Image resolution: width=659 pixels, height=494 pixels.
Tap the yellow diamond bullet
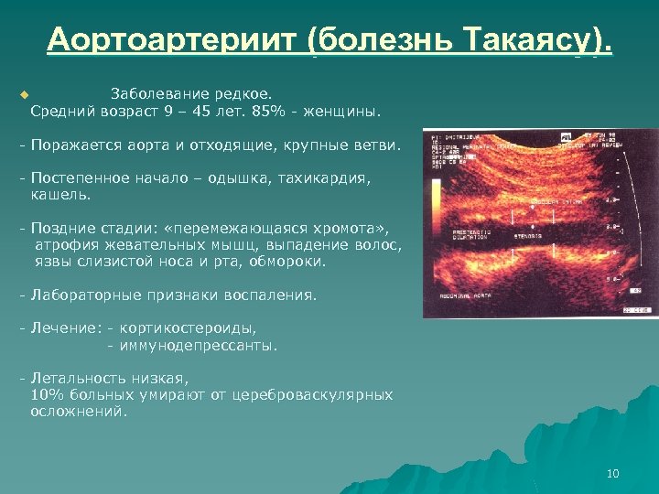tap(25, 94)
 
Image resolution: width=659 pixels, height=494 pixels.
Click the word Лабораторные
tap(81, 295)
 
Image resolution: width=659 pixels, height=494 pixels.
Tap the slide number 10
tap(612, 473)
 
